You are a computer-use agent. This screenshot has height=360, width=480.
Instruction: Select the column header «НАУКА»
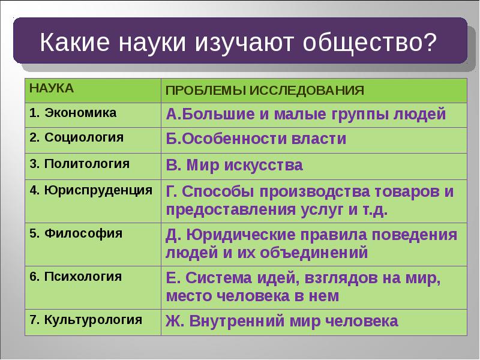51,89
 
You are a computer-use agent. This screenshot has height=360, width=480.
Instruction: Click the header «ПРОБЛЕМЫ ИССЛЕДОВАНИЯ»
265,90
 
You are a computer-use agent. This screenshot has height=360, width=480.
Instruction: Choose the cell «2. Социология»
76,137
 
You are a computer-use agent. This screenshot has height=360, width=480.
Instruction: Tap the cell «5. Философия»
76,233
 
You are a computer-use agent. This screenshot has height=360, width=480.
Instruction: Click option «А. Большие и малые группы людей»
306,114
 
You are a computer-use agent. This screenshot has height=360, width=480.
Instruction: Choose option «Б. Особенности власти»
256,139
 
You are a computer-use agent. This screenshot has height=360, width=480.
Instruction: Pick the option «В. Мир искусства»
235,165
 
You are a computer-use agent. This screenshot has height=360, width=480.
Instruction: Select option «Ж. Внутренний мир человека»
282,321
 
